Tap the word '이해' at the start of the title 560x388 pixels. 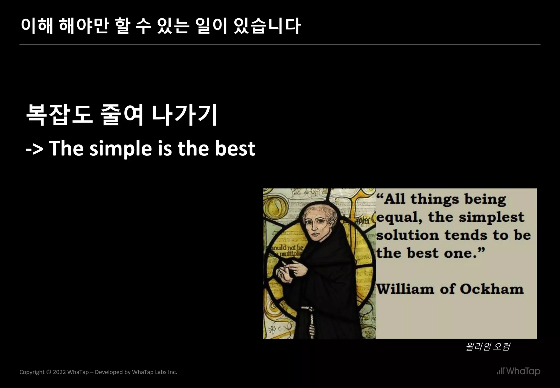click(x=37, y=26)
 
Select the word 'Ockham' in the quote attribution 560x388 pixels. click(x=491, y=289)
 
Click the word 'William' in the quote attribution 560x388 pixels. click(x=405, y=289)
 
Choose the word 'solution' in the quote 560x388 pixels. click(x=407, y=235)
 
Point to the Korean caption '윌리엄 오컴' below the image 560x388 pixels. click(x=488, y=347)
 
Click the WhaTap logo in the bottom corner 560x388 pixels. click(x=518, y=371)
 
